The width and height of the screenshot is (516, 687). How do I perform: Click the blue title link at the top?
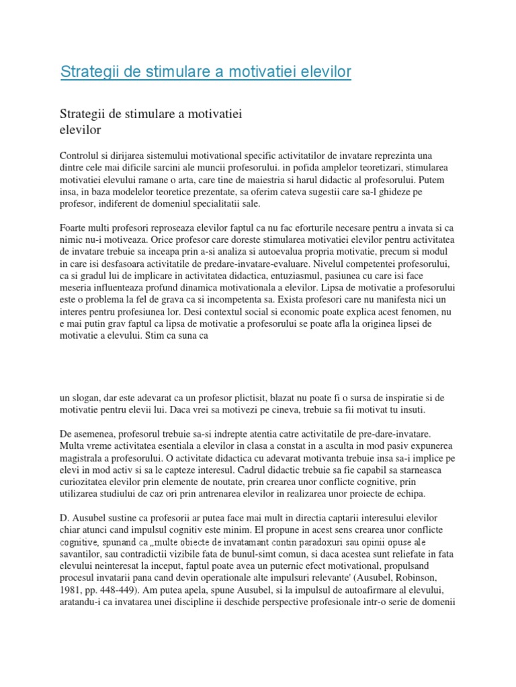tap(206, 71)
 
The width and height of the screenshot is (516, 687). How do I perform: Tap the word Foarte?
tap(74, 227)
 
